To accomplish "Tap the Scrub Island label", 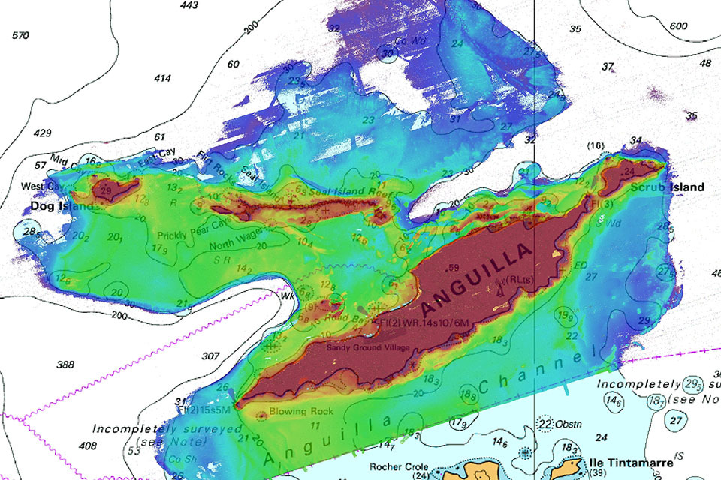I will coord(667,187).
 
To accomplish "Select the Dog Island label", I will coord(62,205).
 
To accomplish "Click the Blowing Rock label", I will coord(301,411).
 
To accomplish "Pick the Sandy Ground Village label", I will coord(367,347).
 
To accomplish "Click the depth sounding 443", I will coord(189,6).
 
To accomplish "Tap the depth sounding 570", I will coord(20,35).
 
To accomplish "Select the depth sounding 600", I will coord(678,25).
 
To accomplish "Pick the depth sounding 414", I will coord(162,78).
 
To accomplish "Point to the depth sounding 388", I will coord(65,364).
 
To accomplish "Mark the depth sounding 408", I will coord(88,445).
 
